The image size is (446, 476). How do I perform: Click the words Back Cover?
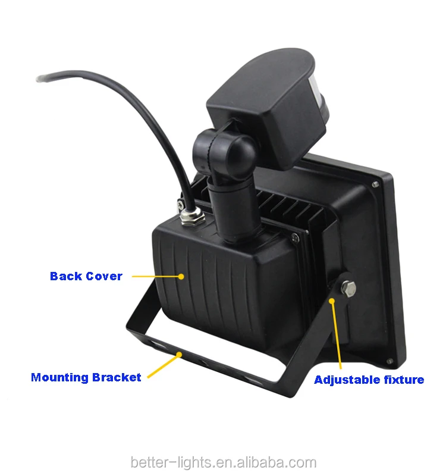pos(86,276)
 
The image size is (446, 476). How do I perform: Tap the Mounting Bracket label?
pos(86,377)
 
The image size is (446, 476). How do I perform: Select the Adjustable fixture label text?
pos(369,380)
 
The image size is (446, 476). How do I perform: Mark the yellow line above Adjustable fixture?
pos(337,333)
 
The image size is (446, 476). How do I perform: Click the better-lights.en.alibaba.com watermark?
pos(223,463)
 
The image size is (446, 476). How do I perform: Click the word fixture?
pos(403,380)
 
